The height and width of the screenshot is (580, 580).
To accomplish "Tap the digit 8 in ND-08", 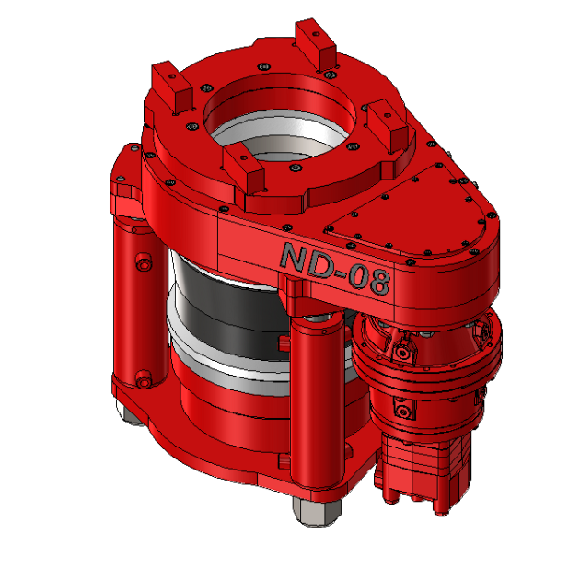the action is (x=377, y=281).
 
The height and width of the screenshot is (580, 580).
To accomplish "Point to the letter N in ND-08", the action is (x=295, y=256).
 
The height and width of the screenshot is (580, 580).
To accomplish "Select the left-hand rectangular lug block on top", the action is (x=173, y=87).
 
